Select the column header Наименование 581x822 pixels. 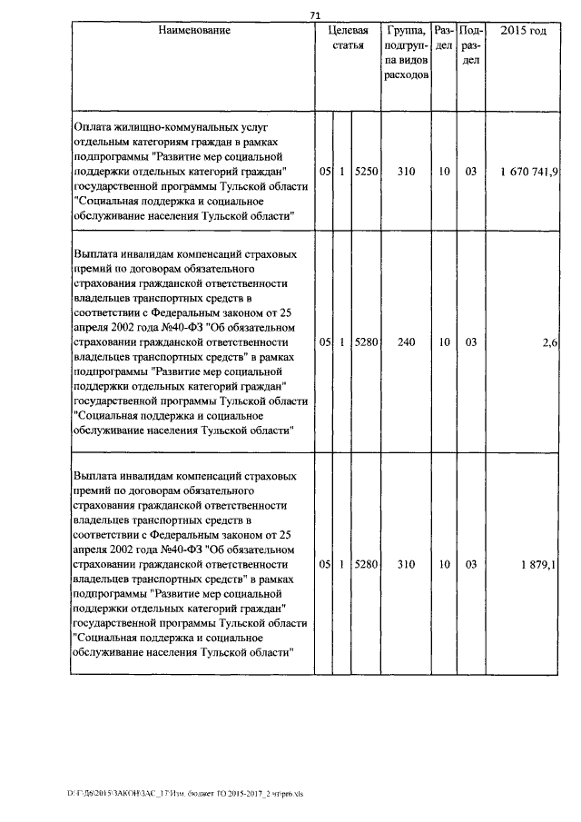point(194,31)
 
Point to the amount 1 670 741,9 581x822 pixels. point(528,171)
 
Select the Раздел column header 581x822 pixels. point(444,38)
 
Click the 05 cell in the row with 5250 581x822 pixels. point(324,171)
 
